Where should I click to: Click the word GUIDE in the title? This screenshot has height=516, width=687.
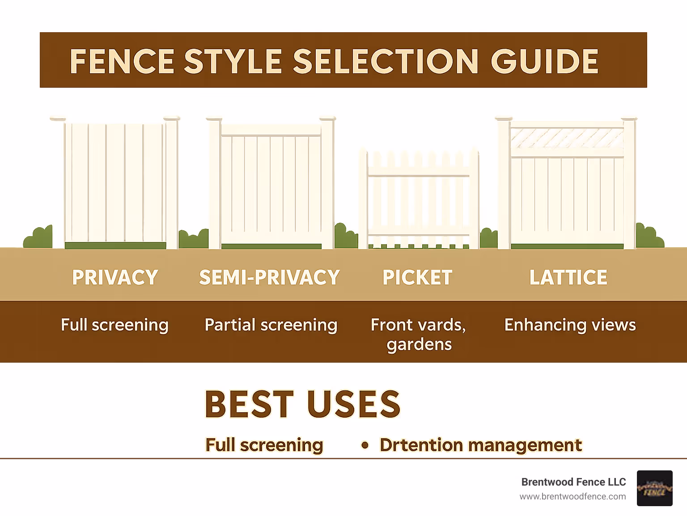tap(544, 61)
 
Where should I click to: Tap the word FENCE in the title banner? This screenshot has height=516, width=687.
tap(122, 61)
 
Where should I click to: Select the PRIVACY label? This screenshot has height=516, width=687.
tap(115, 278)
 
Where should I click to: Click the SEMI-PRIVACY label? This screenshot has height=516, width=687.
tap(269, 278)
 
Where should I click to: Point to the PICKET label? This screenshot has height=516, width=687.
tap(417, 278)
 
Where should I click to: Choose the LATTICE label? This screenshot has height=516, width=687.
tap(568, 278)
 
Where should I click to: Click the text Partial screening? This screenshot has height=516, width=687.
tap(271, 325)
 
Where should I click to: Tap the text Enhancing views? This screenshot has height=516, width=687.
tap(570, 325)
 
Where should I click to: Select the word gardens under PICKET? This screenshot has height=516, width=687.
tap(419, 345)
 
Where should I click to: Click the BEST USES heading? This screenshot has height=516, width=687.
tap(302, 404)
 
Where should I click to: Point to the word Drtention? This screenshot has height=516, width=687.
tap(421, 445)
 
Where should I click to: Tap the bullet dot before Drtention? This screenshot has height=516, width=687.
tap(365, 445)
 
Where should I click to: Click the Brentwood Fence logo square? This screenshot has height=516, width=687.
tap(654, 488)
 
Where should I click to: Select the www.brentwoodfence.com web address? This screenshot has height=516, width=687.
tap(572, 496)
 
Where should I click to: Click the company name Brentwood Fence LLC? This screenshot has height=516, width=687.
tap(573, 482)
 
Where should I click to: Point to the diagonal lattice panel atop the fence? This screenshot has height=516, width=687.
tap(567, 138)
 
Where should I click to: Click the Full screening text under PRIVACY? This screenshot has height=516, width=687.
tap(114, 325)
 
